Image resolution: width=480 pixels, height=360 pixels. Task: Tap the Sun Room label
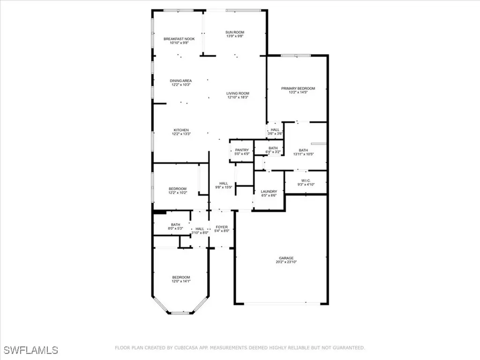[x=235, y=32]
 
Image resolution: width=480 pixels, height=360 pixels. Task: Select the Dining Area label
[x=180, y=81]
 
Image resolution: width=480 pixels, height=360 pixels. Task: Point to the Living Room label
[x=238, y=93]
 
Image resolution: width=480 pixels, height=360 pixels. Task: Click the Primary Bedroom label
[x=298, y=88]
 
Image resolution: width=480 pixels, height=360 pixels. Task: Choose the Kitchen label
[x=181, y=130]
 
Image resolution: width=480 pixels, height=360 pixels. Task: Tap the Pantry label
[x=242, y=150]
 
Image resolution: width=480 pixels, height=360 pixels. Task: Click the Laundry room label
[x=269, y=191]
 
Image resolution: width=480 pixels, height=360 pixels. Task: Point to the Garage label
[x=286, y=258]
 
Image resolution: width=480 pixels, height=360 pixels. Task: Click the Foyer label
[x=222, y=227]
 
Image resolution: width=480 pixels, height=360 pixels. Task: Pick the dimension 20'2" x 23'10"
[x=286, y=262]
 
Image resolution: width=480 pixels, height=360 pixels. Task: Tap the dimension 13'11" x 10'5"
[x=304, y=154]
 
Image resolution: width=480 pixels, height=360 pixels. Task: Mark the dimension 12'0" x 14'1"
[x=180, y=281]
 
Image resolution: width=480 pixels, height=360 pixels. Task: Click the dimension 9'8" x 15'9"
[x=224, y=187]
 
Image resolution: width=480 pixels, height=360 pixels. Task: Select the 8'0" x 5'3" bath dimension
[x=176, y=229]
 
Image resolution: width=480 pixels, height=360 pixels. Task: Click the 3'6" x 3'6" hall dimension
[x=275, y=134]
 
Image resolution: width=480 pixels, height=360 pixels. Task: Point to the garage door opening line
[x=281, y=303]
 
